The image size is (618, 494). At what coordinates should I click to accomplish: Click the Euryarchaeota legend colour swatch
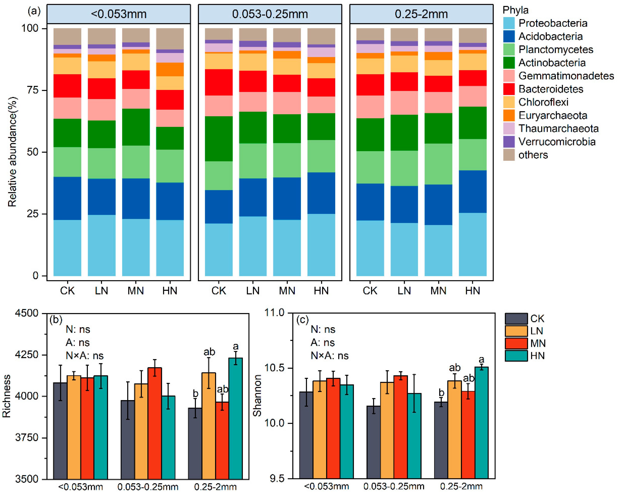[509, 115]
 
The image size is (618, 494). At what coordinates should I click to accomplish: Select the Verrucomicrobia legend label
[557, 142]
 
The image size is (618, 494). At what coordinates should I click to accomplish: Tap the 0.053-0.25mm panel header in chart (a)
[270, 14]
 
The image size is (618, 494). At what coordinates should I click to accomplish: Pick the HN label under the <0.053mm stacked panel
[170, 291]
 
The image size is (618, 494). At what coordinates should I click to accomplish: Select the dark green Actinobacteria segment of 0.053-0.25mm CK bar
[219, 139]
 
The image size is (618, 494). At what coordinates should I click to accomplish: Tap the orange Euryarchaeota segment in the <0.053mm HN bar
[170, 69]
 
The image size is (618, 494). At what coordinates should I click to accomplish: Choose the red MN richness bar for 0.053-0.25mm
[155, 423]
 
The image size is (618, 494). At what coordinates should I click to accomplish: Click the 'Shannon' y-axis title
[257, 395]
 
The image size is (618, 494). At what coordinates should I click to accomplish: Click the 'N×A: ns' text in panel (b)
[85, 356]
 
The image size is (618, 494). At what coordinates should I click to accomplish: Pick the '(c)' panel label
[302, 319]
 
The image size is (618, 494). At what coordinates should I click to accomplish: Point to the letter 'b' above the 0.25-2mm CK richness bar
[195, 393]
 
